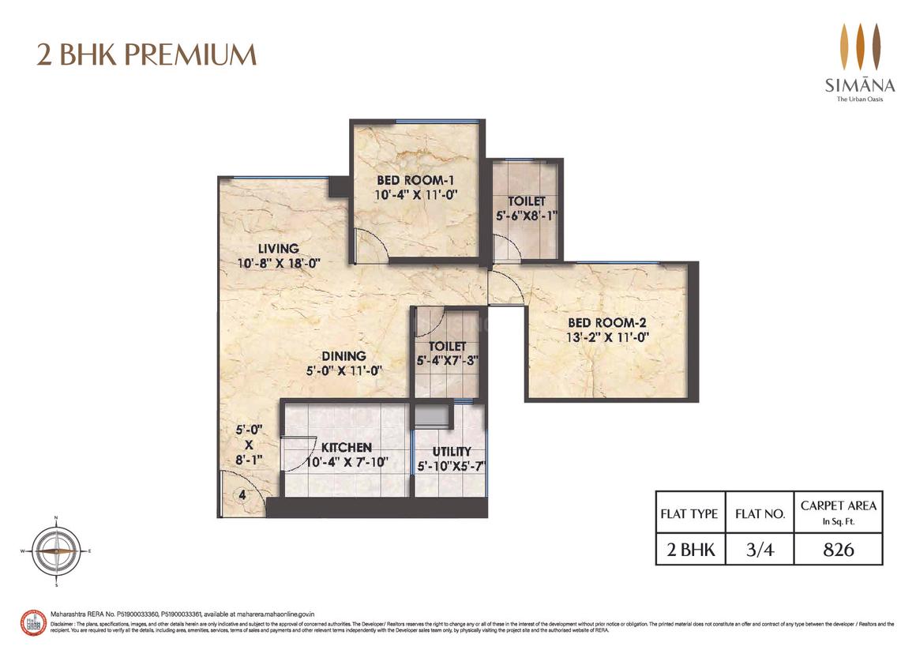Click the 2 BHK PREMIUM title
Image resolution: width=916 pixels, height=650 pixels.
(147, 55)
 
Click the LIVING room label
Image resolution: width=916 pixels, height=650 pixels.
(272, 249)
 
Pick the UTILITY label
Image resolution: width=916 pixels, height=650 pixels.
(450, 451)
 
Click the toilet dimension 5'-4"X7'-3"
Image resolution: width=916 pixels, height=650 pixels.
(448, 360)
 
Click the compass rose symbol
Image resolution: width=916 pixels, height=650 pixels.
(57, 550)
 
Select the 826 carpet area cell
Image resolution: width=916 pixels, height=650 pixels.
(839, 549)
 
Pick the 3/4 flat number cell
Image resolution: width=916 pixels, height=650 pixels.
(759, 549)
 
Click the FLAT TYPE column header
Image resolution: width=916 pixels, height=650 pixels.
(689, 513)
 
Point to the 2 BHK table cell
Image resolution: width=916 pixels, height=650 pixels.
(689, 549)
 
